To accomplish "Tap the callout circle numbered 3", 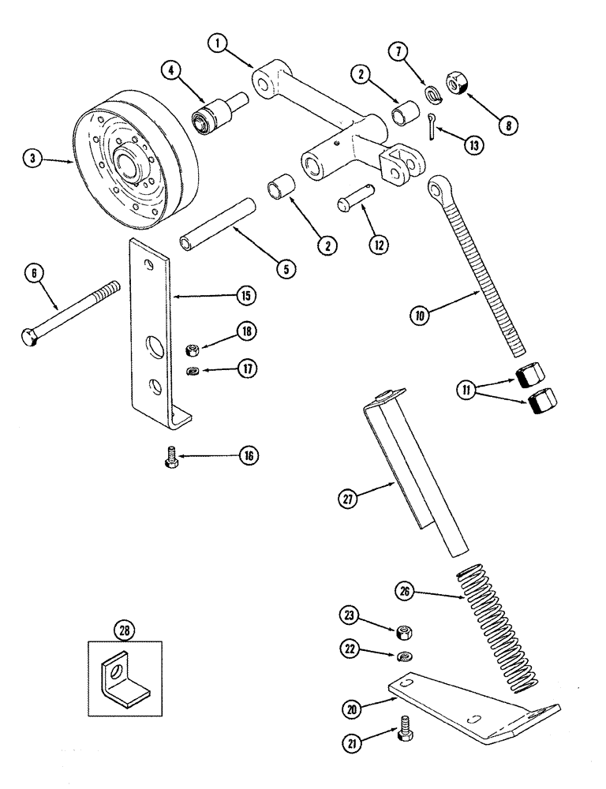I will [x=32, y=159].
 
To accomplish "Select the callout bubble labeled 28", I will [x=124, y=630].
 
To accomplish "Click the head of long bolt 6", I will [x=28, y=336].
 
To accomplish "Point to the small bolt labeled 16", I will [x=171, y=458].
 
